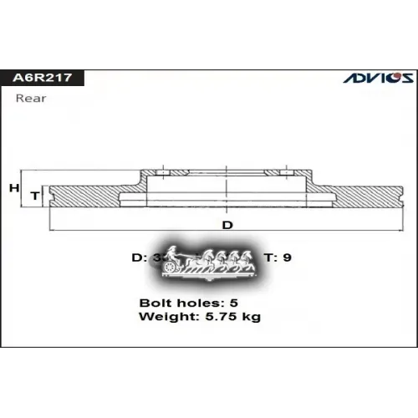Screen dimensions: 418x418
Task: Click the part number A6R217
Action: (42, 79)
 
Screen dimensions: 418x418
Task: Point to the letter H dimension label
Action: (13, 189)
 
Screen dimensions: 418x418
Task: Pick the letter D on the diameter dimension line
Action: (227, 225)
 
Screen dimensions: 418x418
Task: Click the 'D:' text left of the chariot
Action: (139, 257)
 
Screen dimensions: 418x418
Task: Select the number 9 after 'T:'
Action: (288, 257)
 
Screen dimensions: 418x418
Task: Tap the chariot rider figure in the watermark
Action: (173, 253)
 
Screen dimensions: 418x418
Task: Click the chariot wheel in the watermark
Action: (171, 266)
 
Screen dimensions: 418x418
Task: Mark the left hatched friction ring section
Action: (88, 195)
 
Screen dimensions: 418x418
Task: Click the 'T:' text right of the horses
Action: (271, 257)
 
